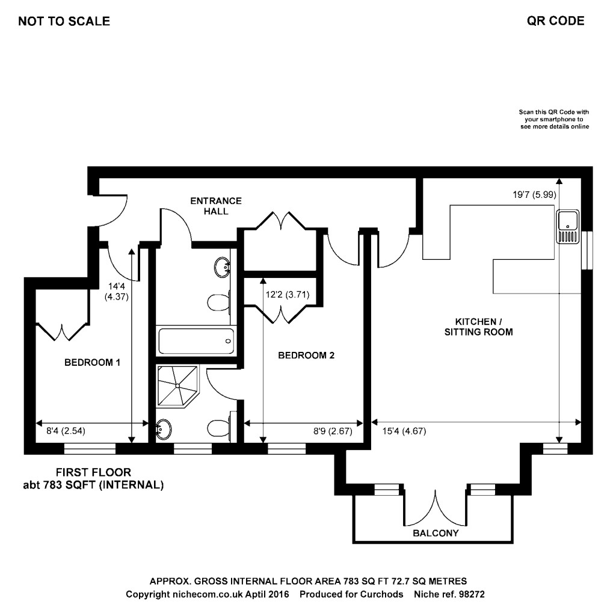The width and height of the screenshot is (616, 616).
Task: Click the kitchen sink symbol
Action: (x=567, y=227)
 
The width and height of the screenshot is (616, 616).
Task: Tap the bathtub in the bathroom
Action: (x=194, y=341)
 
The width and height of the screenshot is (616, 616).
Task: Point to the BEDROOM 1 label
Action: (x=93, y=362)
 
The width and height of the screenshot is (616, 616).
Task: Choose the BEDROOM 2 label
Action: (x=306, y=356)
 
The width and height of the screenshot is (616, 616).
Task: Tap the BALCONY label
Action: (x=436, y=533)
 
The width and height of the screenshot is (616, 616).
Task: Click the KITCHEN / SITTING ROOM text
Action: (x=478, y=327)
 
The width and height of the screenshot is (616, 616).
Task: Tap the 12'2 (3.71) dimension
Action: (x=287, y=295)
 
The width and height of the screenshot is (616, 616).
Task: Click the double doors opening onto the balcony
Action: (x=435, y=508)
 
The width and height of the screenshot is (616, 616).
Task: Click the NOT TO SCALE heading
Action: (x=64, y=22)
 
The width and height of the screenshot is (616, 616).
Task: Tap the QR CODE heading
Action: (x=555, y=21)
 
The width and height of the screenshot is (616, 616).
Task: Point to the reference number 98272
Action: (x=472, y=594)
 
